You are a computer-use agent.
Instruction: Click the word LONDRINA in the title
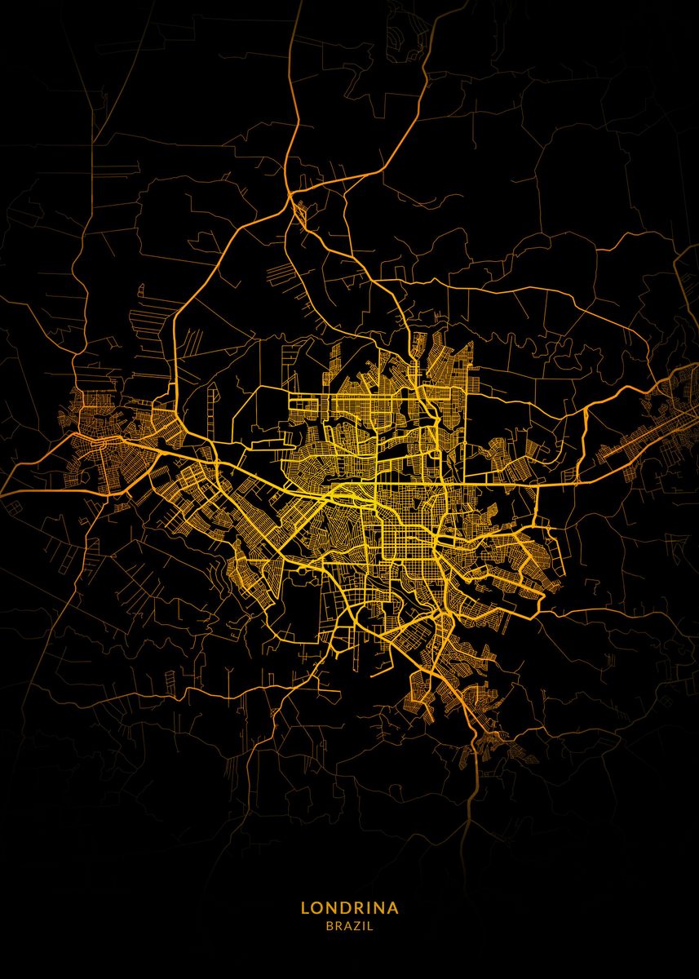(x=349, y=907)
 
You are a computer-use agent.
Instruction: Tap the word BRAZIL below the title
(x=349, y=926)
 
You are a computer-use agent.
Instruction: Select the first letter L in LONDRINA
(x=305, y=907)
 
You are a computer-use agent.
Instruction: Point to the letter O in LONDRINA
(x=317, y=907)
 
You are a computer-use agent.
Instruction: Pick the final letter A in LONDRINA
(x=393, y=907)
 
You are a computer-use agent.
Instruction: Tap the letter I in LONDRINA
(x=368, y=907)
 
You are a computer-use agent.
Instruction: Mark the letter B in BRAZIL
(x=329, y=926)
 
